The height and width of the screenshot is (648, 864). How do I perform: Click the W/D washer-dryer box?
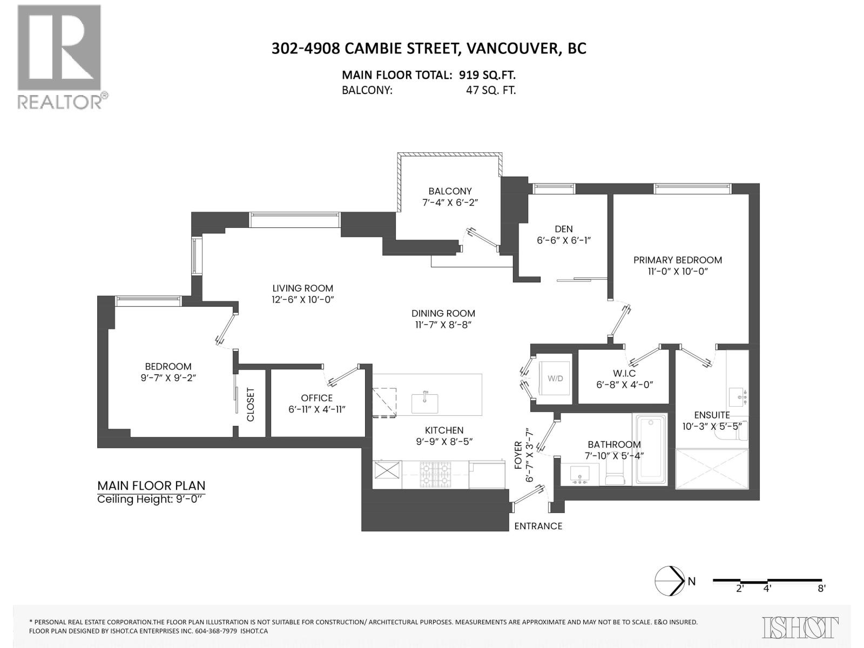tap(555, 379)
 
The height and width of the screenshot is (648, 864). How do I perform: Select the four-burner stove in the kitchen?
tap(435, 474)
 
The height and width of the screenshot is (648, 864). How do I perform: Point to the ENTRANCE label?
tap(538, 526)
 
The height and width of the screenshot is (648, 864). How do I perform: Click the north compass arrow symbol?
tap(670, 581)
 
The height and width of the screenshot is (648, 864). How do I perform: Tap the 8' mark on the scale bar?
tap(821, 589)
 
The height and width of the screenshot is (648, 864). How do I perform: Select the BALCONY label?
tap(450, 191)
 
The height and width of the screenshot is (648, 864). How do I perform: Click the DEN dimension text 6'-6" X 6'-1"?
tap(564, 241)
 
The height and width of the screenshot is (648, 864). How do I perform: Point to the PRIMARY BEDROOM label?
tap(677, 260)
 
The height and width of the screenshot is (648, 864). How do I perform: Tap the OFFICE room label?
tap(317, 398)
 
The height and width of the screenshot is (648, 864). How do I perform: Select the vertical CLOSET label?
tap(251, 404)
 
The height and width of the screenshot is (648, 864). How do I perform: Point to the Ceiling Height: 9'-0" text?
tap(151, 499)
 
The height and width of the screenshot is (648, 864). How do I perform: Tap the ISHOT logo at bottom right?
tap(800, 627)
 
